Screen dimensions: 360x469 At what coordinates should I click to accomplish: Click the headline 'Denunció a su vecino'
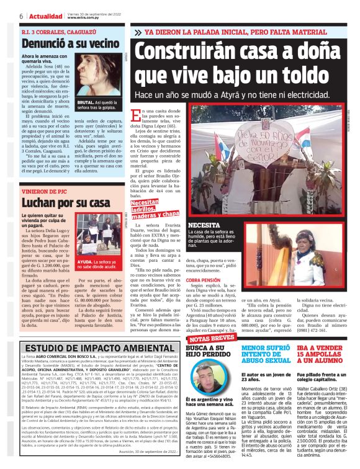[61, 43]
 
